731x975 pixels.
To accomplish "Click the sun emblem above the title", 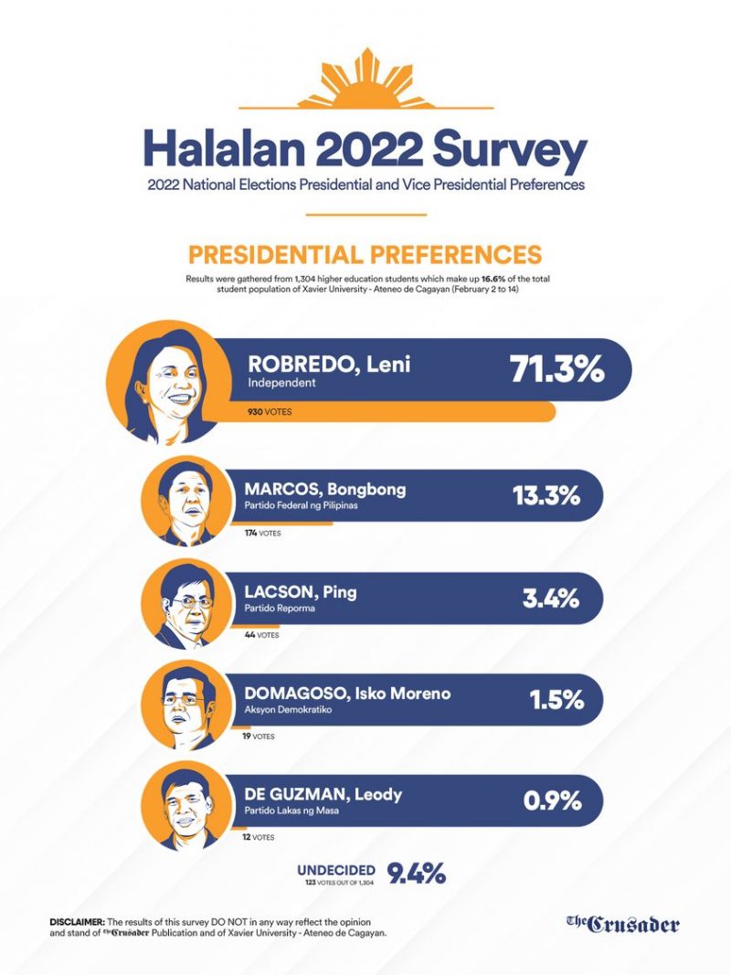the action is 365,79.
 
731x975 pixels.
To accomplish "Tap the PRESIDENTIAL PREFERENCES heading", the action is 365,255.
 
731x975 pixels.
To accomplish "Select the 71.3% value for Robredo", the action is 556,369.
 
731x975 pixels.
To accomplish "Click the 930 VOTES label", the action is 270,411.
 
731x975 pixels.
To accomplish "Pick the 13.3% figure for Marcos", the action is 546,496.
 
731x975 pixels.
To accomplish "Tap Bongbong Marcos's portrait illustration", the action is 185,502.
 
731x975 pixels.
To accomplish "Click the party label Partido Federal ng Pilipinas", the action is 301,505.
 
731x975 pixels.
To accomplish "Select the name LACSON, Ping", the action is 301,592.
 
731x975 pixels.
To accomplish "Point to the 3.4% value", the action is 551,599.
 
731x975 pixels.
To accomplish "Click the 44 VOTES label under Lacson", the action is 261,635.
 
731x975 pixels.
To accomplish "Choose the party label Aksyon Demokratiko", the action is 288,709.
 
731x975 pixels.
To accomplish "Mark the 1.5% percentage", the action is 556,700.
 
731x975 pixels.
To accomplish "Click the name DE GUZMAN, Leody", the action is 323,795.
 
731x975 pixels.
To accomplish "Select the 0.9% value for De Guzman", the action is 552,801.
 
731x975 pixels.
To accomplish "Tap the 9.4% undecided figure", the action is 417,874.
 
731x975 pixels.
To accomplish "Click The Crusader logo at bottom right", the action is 623,925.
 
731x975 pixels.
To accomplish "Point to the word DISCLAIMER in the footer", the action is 77,922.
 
